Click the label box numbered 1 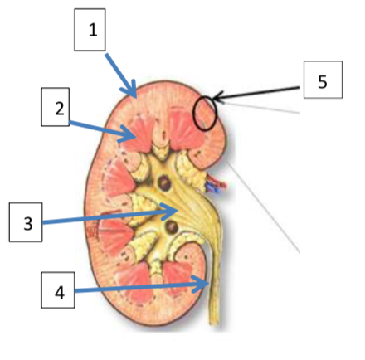pyautogui.click(x=90, y=30)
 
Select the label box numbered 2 pyautogui.click(x=56, y=107)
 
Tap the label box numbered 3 pyautogui.click(x=26, y=222)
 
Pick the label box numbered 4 pyautogui.click(x=58, y=290)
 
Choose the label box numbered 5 pyautogui.click(x=323, y=80)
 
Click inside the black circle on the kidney pyautogui.click(x=205, y=113)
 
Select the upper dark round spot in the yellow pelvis pyautogui.click(x=164, y=182)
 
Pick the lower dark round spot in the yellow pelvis pyautogui.click(x=172, y=227)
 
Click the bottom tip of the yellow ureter pyautogui.click(x=214, y=324)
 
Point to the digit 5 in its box pyautogui.click(x=323, y=82)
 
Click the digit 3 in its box pyautogui.click(x=28, y=224)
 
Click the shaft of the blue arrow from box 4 pyautogui.click(x=139, y=288)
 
